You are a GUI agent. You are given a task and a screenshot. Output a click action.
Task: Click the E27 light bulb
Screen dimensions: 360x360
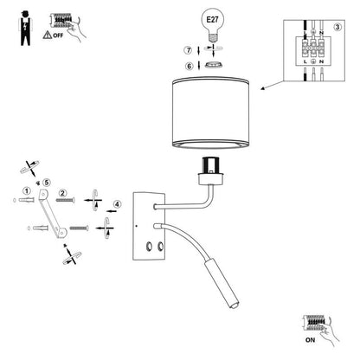pyautogui.click(x=213, y=24)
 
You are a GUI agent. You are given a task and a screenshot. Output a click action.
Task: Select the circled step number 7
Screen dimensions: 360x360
pyautogui.click(x=188, y=50)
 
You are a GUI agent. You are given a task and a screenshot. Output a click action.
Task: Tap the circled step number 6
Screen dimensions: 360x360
pyautogui.click(x=189, y=67)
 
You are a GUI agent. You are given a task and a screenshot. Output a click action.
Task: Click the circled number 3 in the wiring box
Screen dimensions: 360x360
pyautogui.click(x=337, y=27)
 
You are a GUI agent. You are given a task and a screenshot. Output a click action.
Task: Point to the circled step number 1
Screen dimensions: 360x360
pyautogui.click(x=27, y=191)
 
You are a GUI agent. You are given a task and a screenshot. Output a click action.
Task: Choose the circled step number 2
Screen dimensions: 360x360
pyautogui.click(x=62, y=193)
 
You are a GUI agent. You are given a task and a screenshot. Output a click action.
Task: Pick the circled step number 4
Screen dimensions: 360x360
pyautogui.click(x=117, y=204)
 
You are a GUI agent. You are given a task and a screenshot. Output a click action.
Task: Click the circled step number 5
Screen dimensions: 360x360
pyautogui.click(x=46, y=183)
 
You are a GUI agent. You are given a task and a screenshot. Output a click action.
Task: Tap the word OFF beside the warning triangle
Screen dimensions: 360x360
pyautogui.click(x=58, y=35)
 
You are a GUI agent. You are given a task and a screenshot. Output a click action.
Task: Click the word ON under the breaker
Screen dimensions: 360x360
pyautogui.click(x=310, y=340)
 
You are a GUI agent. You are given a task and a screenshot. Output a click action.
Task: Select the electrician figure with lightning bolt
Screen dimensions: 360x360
pyautogui.click(x=25, y=29)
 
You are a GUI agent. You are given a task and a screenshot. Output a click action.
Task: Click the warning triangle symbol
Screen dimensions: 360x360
pyautogui.click(x=47, y=35)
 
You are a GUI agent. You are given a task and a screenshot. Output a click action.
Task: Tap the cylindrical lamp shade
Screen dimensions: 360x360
pyautogui.click(x=210, y=112)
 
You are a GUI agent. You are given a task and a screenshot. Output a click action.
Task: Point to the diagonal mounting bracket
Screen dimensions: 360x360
pyautogui.click(x=53, y=214)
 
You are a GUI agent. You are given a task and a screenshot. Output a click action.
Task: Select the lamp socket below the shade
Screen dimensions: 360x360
pyautogui.click(x=211, y=171)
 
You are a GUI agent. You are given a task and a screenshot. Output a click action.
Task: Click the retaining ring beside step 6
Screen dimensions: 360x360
pyautogui.click(x=213, y=66)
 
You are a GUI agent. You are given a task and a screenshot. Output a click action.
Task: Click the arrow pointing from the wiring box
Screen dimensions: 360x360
pyautogui.click(x=272, y=86)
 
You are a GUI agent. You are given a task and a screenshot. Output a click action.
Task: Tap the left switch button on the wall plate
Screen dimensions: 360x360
pyautogui.click(x=150, y=247)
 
